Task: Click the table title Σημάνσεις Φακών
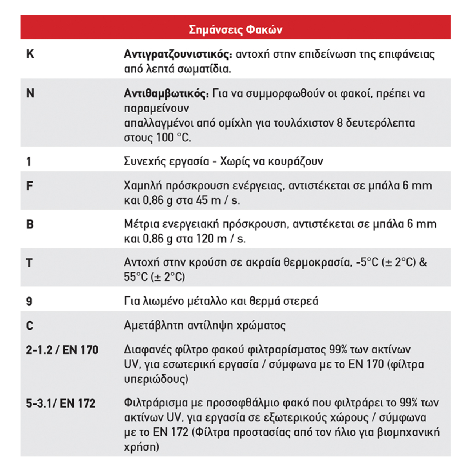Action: [235, 29]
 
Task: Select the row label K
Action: [30, 54]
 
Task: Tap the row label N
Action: [30, 93]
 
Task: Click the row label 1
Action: [29, 161]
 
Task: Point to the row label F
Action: [29, 186]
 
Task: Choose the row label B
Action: [30, 224]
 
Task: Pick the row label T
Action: [29, 263]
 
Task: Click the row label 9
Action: [29, 301]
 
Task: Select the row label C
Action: [30, 325]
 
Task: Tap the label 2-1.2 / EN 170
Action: [62, 350]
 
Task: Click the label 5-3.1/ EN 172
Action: [61, 403]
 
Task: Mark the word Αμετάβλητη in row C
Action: [153, 325]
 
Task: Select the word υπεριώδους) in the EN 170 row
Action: [156, 379]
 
